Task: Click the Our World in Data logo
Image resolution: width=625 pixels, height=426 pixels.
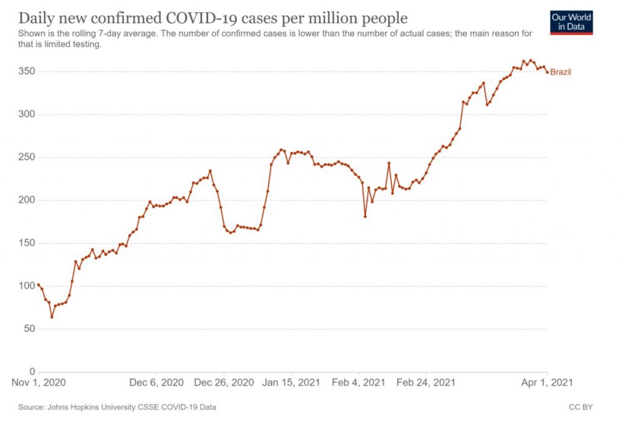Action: tap(571, 21)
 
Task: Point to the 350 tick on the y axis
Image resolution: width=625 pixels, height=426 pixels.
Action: tap(26, 72)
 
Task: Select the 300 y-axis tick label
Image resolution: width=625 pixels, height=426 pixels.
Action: tap(26, 114)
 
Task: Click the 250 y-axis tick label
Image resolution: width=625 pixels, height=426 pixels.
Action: tap(26, 157)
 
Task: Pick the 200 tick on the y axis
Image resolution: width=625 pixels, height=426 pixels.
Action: tap(26, 200)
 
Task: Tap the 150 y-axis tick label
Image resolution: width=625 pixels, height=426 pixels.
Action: tap(26, 243)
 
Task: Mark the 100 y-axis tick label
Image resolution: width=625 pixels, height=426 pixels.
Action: tap(26, 286)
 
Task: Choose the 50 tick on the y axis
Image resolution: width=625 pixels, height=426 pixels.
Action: tap(27, 329)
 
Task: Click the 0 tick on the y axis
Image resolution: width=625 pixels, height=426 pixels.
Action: tap(31, 372)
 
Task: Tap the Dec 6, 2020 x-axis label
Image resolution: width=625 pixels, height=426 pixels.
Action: tap(157, 383)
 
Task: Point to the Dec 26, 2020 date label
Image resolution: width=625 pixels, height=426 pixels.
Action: tap(224, 383)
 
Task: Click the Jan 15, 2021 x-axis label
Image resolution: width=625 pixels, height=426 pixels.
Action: tap(291, 383)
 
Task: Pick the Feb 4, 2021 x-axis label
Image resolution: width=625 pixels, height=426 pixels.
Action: tap(359, 383)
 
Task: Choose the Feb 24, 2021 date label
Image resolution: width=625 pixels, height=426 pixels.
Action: tap(426, 383)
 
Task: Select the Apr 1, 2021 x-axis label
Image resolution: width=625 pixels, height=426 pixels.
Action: tap(546, 383)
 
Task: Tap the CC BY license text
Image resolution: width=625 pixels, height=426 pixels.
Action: tap(580, 406)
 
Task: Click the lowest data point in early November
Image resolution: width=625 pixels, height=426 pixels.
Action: tap(52, 317)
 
